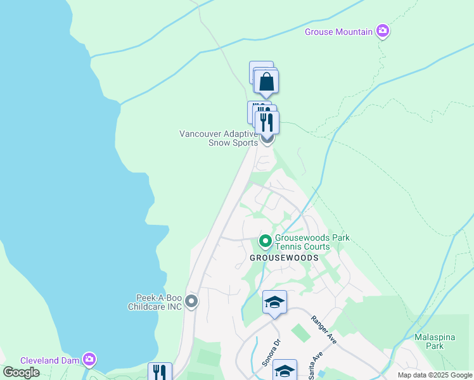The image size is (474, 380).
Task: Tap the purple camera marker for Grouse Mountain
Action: pyautogui.click(x=382, y=30)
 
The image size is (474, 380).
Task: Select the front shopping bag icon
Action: pyautogui.click(x=267, y=82)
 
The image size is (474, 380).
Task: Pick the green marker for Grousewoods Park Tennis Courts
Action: pyautogui.click(x=265, y=242)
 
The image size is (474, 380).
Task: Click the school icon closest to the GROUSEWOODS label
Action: pyautogui.click(x=274, y=303)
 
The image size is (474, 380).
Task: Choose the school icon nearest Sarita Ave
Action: pyautogui.click(x=285, y=370)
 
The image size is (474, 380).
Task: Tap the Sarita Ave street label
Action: pyautogui.click(x=312, y=366)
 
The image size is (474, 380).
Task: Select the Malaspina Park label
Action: pyautogui.click(x=435, y=341)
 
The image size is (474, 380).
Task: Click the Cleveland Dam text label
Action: pyautogui.click(x=49, y=360)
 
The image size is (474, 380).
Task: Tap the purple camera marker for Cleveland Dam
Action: pyautogui.click(x=89, y=360)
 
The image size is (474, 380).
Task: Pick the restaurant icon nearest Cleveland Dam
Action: pyautogui.click(x=160, y=372)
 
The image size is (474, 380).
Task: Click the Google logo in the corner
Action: pyautogui.click(x=22, y=372)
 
